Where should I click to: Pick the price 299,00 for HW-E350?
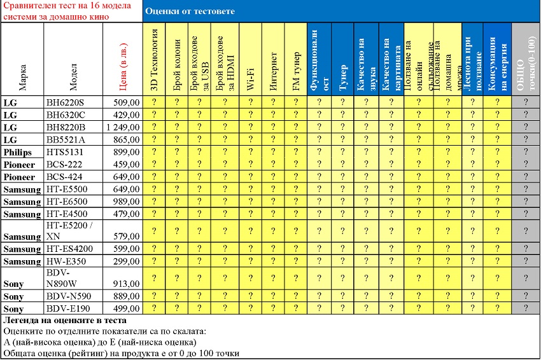tap(127, 261)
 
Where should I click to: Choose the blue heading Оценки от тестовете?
tap(189, 11)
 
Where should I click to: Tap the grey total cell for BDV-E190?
tap(526, 308)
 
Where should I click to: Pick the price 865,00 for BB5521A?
tap(127, 139)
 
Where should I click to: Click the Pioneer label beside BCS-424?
tap(19, 176)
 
